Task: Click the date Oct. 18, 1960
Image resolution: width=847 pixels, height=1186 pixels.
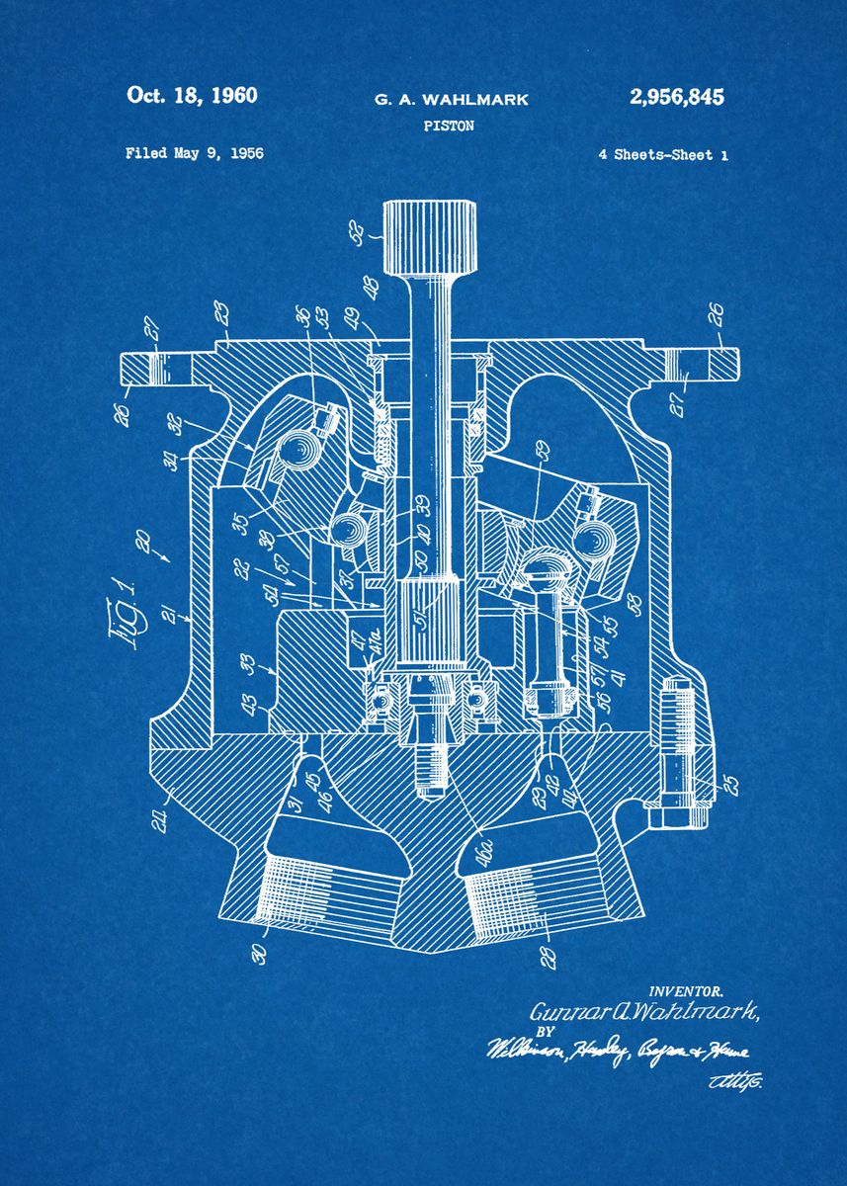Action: (192, 96)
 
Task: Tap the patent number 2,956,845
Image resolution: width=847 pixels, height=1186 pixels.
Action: (676, 97)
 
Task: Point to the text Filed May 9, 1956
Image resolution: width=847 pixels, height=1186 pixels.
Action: (195, 153)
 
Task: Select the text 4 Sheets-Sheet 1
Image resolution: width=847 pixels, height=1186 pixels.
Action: (662, 154)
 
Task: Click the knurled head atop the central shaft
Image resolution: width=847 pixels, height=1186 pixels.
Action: (429, 236)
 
